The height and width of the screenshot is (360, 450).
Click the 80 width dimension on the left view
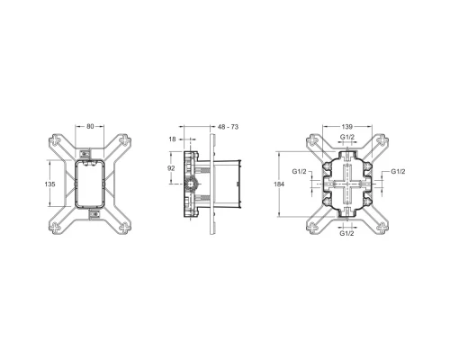91,126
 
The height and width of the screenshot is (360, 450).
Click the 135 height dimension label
51,184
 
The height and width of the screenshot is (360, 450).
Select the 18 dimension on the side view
172,139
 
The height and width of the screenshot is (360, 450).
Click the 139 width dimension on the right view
346,127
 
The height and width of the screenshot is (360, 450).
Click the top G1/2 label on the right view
346,138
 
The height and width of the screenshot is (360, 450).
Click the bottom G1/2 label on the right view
346,233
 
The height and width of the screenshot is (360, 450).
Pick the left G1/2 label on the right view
301,170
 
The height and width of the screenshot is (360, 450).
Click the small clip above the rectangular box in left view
91,151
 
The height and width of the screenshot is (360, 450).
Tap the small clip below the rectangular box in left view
91,216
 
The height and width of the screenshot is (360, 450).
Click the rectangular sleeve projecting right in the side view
231,184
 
